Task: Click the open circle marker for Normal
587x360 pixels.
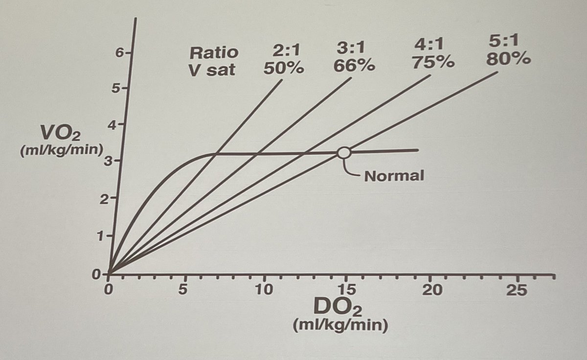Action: click(x=344, y=153)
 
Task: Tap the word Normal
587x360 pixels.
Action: click(x=394, y=176)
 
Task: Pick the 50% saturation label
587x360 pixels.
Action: click(x=284, y=68)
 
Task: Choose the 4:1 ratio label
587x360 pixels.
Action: click(x=429, y=45)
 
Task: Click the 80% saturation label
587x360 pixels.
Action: click(x=508, y=59)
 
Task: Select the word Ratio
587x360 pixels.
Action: click(x=214, y=52)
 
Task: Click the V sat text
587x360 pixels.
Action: click(x=212, y=69)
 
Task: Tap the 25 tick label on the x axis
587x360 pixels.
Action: click(x=517, y=290)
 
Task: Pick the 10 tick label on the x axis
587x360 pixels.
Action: click(x=264, y=290)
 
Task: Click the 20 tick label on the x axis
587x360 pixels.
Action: click(x=430, y=290)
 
